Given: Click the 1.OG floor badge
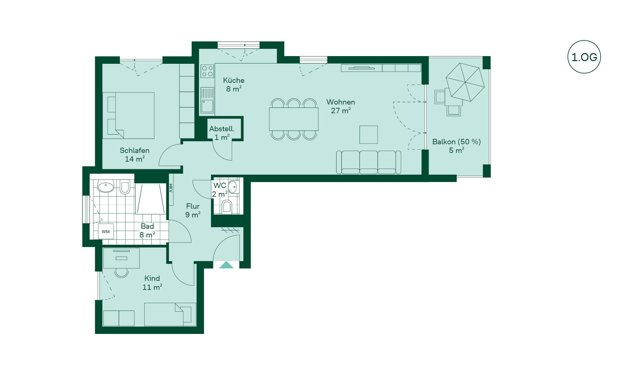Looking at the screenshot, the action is (x=584, y=57).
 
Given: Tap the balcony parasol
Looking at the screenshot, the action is (x=465, y=82).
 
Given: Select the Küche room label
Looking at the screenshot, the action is (x=234, y=80).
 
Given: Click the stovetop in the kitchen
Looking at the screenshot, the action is (x=207, y=71).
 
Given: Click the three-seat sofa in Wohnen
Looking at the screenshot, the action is (x=369, y=162).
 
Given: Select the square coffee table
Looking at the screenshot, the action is (x=369, y=135).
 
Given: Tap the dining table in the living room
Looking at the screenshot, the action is (x=294, y=119).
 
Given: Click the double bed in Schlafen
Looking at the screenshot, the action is (x=129, y=116).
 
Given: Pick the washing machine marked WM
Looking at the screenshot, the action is (x=106, y=231).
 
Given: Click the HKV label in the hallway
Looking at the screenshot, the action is (x=171, y=188).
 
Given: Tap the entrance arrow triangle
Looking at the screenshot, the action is (x=226, y=265).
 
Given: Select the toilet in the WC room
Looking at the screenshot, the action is (x=227, y=207).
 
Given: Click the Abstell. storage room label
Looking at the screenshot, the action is (x=222, y=129).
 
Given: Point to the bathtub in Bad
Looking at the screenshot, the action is (x=151, y=199).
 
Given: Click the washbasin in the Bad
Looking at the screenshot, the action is (x=106, y=187).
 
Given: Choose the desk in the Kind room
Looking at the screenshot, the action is (x=121, y=258).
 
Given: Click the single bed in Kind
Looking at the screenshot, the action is (x=170, y=315).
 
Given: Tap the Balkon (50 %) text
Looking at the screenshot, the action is (x=456, y=142).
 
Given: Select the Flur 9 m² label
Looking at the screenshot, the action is (x=193, y=210).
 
